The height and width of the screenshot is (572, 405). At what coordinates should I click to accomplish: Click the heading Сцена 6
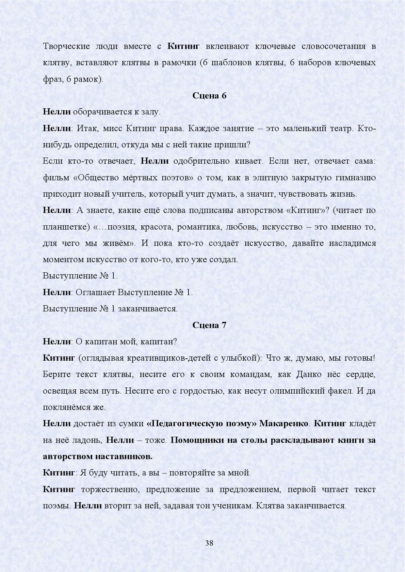(209, 96)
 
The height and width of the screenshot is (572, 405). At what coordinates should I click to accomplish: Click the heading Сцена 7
(209, 325)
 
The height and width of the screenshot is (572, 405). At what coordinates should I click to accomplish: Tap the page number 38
(209, 543)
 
